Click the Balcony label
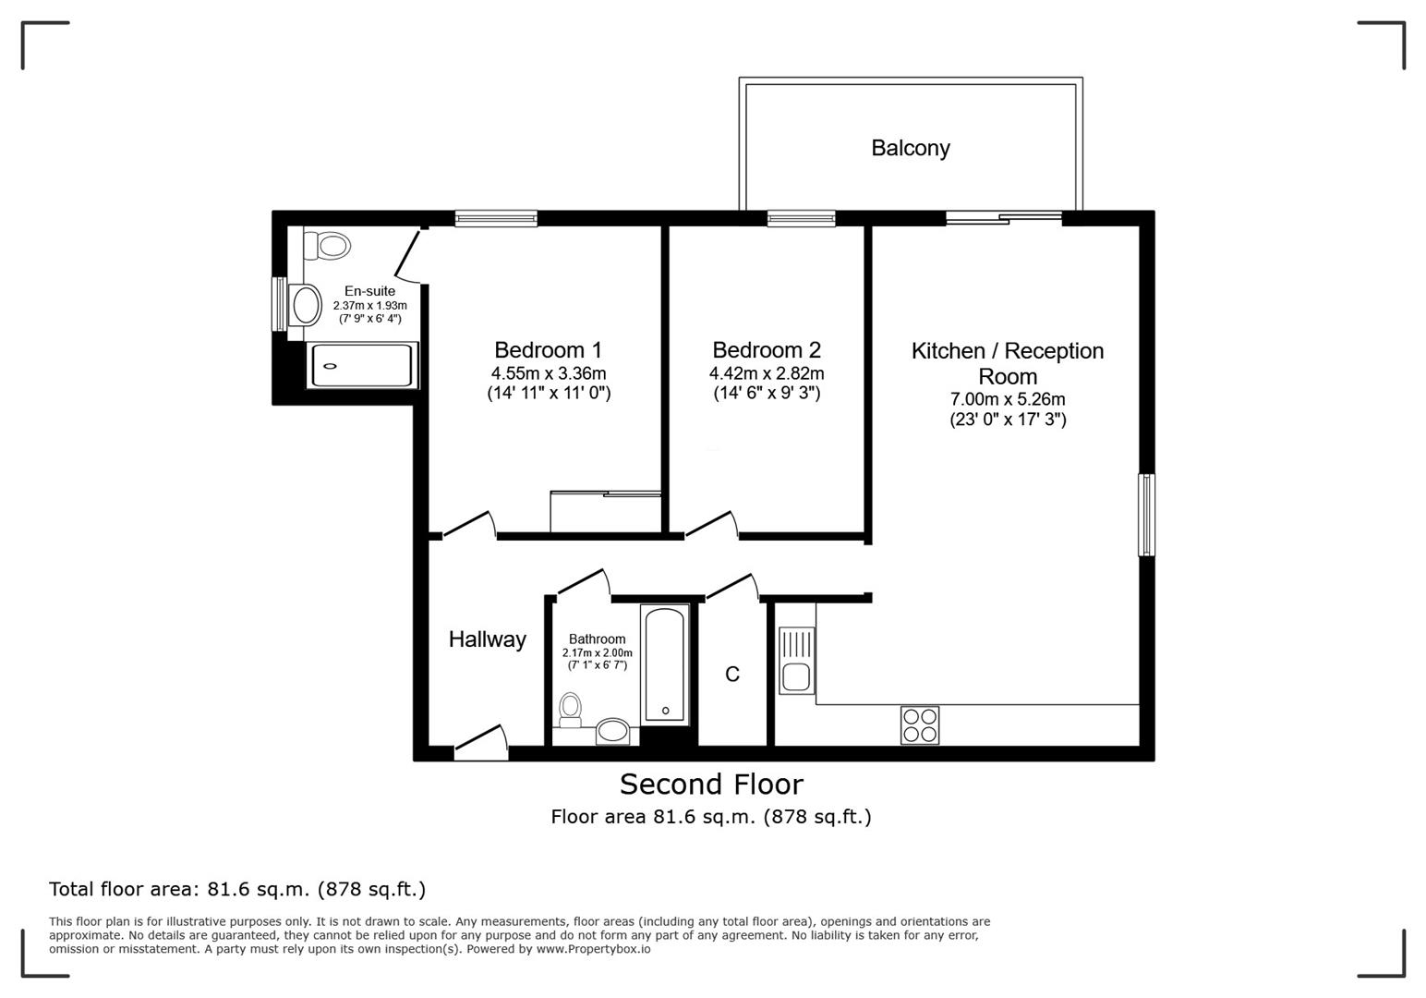(x=910, y=148)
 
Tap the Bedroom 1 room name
(x=548, y=350)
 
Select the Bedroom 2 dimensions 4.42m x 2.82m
(x=766, y=373)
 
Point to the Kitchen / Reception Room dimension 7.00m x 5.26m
(x=1008, y=399)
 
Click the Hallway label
(x=487, y=639)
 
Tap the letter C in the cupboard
(x=732, y=675)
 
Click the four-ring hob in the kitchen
(x=919, y=725)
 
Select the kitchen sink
(x=795, y=660)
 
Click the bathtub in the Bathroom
(x=665, y=663)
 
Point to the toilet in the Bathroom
(x=570, y=710)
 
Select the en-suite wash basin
(x=303, y=304)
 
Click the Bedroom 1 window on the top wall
(x=496, y=219)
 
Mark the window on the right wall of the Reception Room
(x=1146, y=515)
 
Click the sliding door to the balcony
(x=1004, y=218)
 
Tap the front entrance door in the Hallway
(x=481, y=744)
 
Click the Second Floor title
(x=711, y=785)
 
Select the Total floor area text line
(x=237, y=889)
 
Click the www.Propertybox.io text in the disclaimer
(x=593, y=949)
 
